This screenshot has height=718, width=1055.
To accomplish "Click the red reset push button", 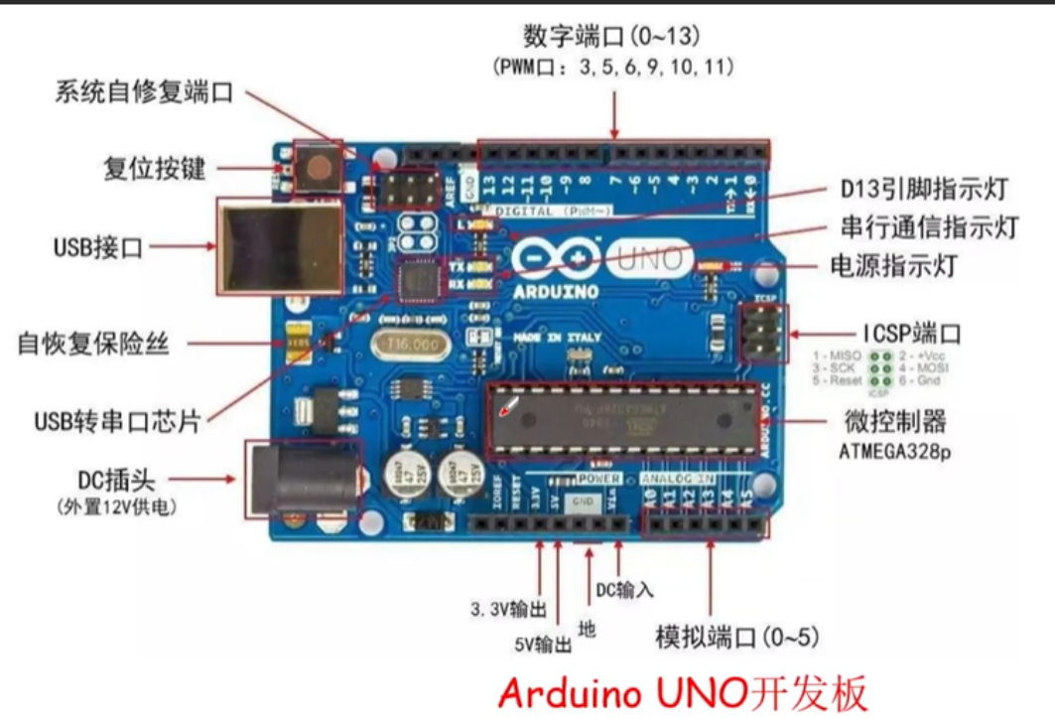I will [318, 166].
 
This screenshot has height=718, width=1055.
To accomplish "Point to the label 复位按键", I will [155, 168].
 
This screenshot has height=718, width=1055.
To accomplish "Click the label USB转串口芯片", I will [117, 421].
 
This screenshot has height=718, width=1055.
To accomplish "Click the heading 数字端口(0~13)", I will [612, 37].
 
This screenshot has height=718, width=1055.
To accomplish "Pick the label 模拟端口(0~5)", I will [737, 636].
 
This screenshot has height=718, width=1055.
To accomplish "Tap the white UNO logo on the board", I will [650, 259].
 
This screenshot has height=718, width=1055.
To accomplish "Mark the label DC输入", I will [624, 589].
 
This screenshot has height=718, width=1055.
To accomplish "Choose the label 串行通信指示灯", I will [929, 226].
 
